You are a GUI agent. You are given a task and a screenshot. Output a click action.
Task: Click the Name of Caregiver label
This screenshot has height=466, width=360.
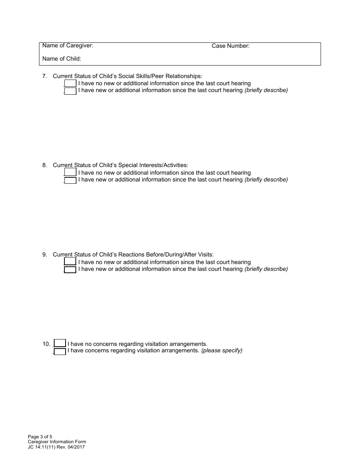[x=68, y=46]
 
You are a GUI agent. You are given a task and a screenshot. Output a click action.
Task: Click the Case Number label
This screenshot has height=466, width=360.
[x=230, y=46]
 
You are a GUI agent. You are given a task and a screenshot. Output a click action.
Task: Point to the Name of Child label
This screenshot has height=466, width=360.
[x=62, y=59]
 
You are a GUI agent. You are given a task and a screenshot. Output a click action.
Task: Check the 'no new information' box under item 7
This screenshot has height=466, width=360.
[x=70, y=83]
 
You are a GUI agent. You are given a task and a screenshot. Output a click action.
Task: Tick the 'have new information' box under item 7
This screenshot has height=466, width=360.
[x=70, y=91]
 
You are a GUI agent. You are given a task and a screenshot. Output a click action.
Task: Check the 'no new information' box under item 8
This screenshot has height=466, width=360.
[x=70, y=172]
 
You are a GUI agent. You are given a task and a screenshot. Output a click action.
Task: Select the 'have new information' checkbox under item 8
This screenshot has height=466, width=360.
[x=70, y=180]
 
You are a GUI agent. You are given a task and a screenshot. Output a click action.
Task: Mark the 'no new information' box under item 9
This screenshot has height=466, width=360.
[x=70, y=261]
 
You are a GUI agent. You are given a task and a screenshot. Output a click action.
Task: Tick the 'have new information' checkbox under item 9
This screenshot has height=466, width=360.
[x=70, y=270]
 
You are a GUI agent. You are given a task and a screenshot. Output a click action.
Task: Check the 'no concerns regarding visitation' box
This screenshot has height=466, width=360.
[x=60, y=343]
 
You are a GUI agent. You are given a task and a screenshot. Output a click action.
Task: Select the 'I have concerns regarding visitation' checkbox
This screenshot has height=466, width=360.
[x=60, y=352]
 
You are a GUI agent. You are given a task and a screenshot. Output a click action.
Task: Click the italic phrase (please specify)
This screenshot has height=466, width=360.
[x=222, y=351]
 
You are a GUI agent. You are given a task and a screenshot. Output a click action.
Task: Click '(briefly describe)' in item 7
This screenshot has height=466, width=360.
[x=266, y=90]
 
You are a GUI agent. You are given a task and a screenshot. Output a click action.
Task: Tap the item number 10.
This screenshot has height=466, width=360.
[x=46, y=344]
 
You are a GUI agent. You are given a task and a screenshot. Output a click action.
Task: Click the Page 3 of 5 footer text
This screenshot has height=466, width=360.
[x=40, y=437]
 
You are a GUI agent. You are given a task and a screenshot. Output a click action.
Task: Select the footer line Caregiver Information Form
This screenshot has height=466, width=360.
[x=57, y=442]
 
